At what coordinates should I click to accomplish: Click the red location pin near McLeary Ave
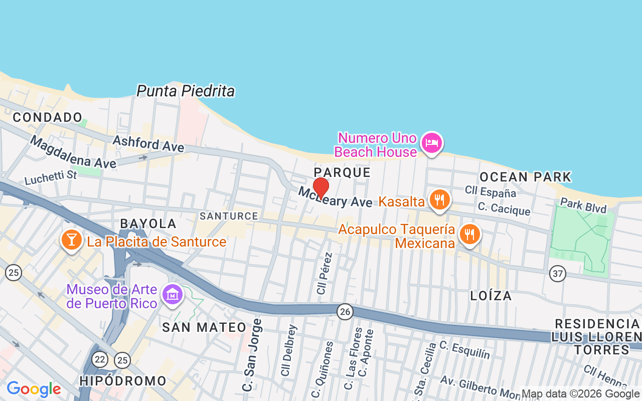pos(321,188)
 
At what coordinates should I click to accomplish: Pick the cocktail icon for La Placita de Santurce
pos(72,240)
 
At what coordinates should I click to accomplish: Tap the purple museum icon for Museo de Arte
pos(173,295)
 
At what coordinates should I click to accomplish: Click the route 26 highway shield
pos(345,312)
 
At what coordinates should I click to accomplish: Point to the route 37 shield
pos(557,274)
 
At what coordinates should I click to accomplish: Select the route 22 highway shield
pos(100,359)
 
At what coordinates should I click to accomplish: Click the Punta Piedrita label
pos(186,91)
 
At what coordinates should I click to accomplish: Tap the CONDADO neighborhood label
pos(48,118)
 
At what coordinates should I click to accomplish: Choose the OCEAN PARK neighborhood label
pos(526,177)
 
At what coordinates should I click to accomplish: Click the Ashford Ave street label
pos(148,143)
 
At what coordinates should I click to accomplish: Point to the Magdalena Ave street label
pos(73,152)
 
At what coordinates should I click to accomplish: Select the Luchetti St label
pos(51,176)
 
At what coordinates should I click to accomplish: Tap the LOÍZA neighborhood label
pos(491,296)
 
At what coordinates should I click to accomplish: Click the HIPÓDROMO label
pos(123,381)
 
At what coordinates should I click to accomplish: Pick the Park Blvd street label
pos(583,205)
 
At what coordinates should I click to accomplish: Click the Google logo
pos(34,389)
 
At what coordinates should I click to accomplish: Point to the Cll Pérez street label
pos(324,273)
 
